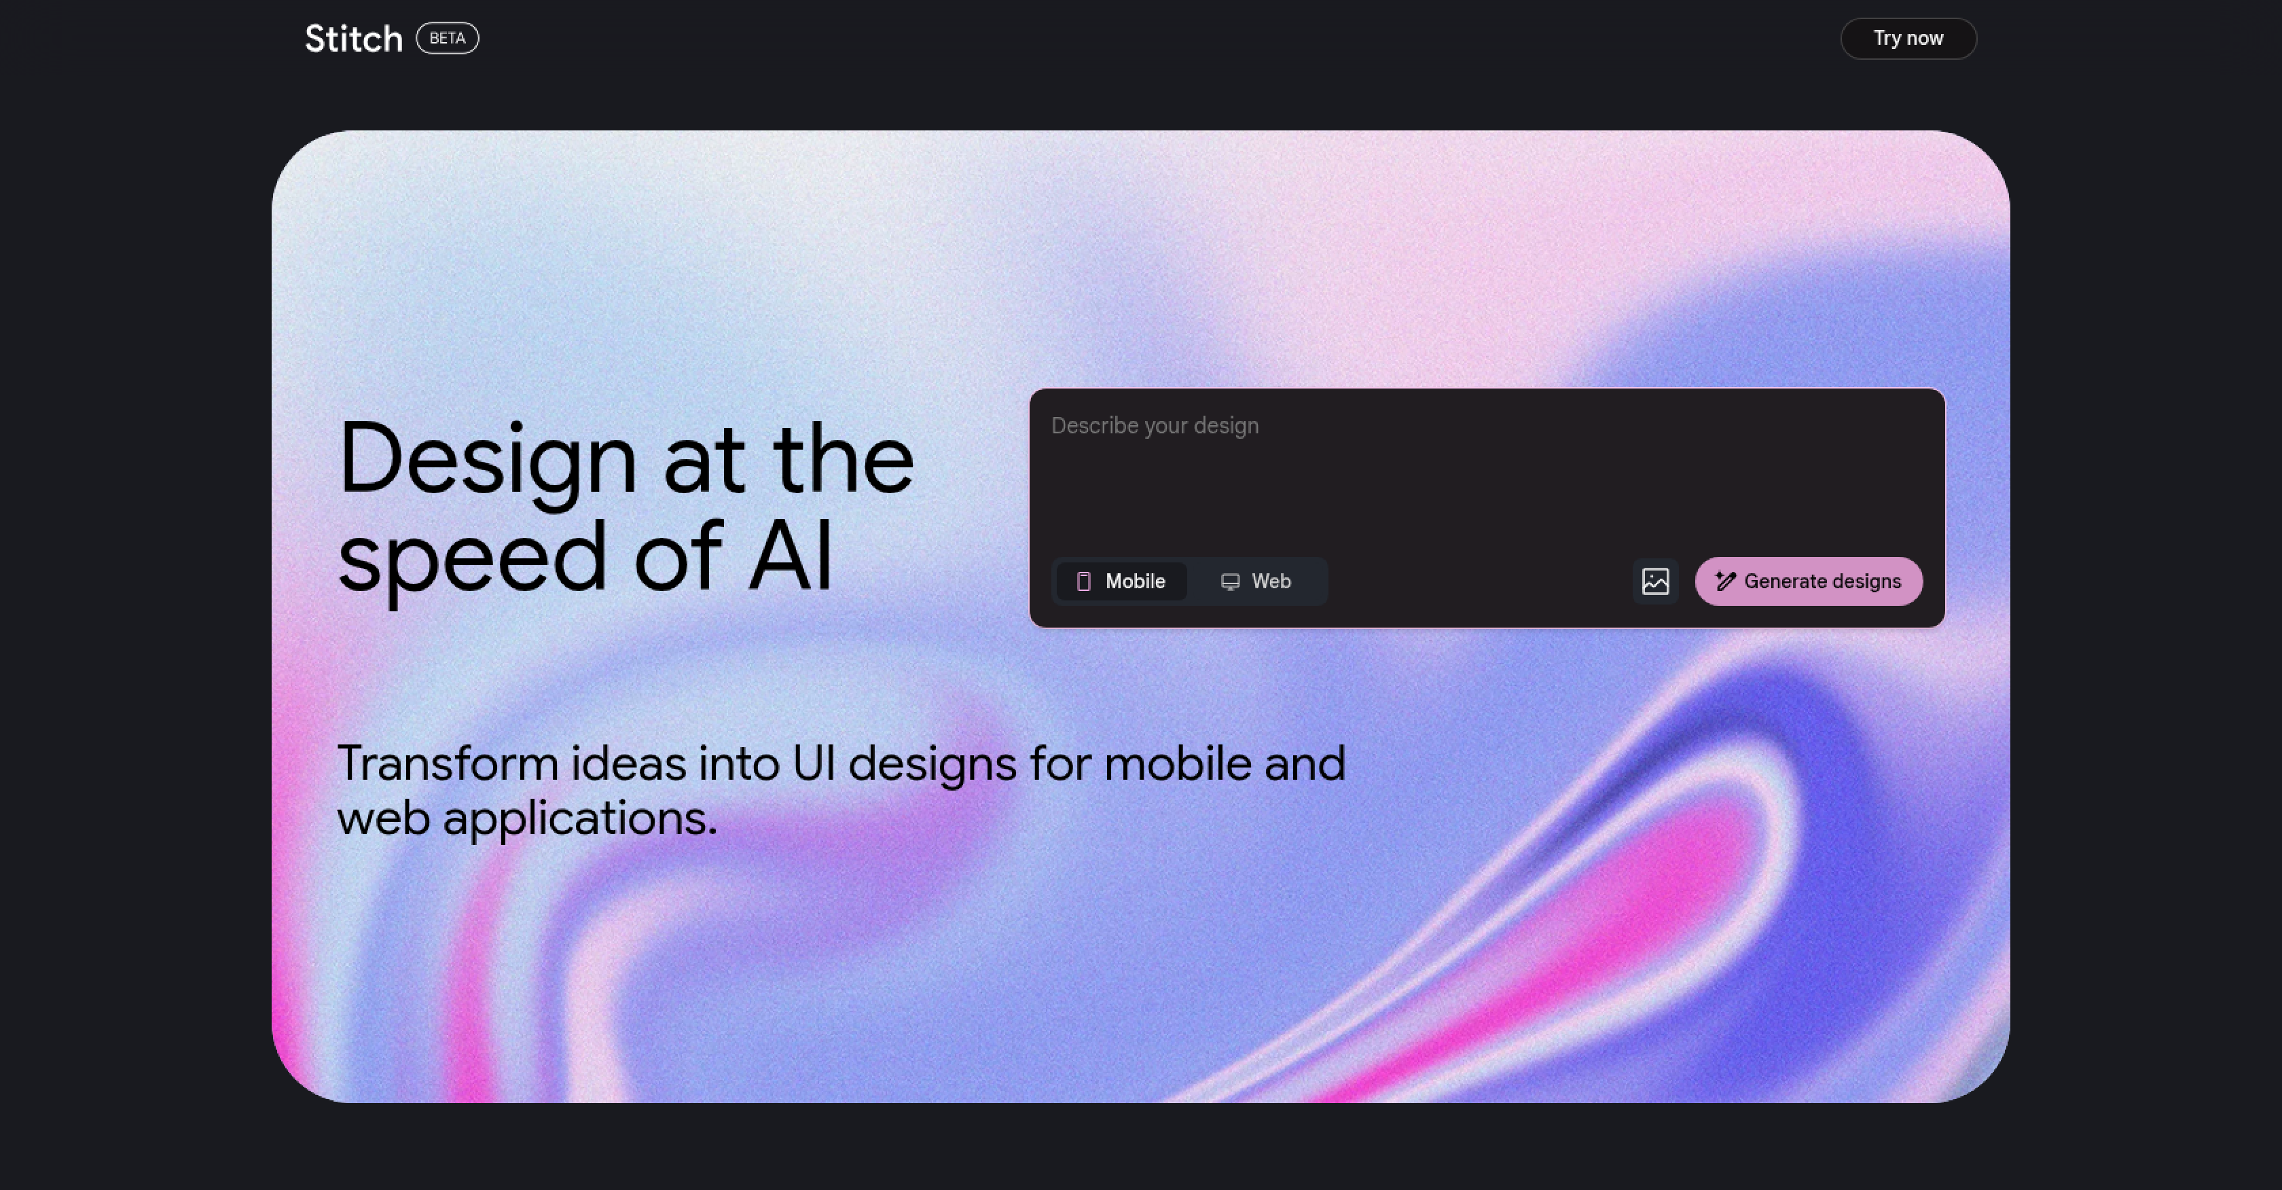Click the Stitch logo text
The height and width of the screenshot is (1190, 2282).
pos(353,39)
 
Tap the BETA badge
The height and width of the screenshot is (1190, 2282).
pos(448,38)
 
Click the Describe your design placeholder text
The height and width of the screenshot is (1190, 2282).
pos(1155,426)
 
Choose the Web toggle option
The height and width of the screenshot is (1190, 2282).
pos(1256,581)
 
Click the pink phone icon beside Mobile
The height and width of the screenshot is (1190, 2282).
pos(1083,581)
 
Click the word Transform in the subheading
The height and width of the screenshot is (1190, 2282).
pos(448,764)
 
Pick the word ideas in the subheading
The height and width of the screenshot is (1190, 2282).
pos(628,764)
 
